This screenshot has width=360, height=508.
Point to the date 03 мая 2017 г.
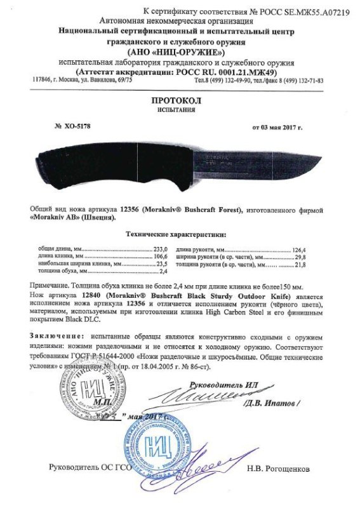point(277,128)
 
